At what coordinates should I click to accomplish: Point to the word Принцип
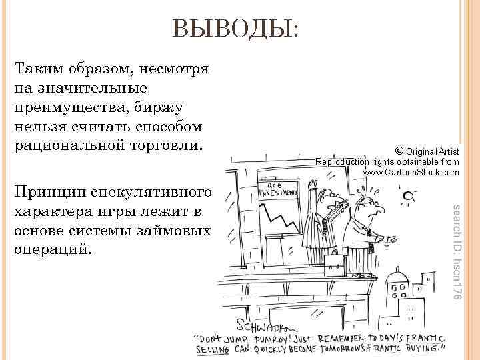(47, 193)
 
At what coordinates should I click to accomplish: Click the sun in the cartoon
(407, 197)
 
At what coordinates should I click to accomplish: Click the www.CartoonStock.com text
(411, 173)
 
